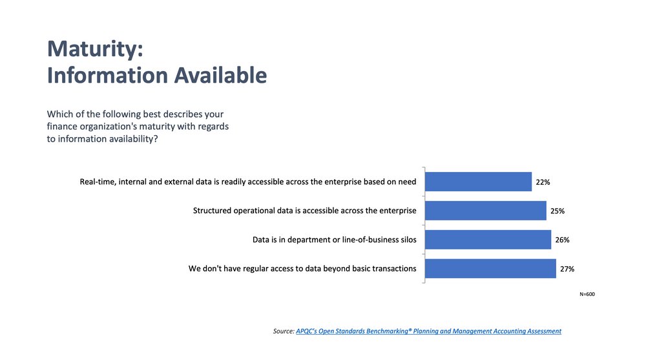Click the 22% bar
(479, 182)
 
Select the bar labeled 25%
(486, 211)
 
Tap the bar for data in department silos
(488, 239)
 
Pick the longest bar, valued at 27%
(491, 268)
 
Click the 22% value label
(543, 182)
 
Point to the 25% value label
(557, 211)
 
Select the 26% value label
(562, 240)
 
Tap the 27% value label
(567, 269)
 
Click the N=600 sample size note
(587, 295)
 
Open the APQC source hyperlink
(428, 331)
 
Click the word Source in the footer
(283, 331)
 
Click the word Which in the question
(61, 114)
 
